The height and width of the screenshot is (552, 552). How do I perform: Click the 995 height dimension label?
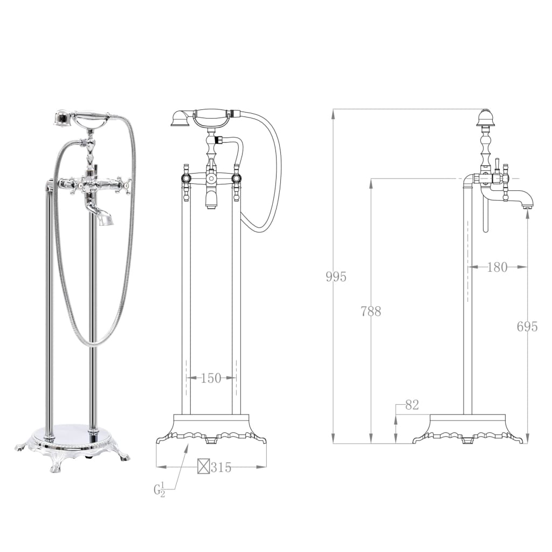click(x=336, y=277)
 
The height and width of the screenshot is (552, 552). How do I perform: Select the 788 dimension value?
click(x=371, y=311)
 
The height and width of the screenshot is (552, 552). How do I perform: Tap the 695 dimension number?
click(x=527, y=326)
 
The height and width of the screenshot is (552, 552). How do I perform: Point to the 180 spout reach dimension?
click(x=496, y=267)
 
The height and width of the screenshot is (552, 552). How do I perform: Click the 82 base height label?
click(x=411, y=405)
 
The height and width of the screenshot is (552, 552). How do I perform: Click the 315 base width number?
click(x=221, y=467)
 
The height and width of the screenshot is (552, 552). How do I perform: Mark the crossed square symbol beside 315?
click(x=203, y=467)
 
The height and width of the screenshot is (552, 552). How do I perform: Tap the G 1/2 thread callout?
click(x=159, y=490)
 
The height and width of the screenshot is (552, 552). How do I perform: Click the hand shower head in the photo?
click(x=64, y=118)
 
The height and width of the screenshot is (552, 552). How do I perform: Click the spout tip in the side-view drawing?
click(x=528, y=204)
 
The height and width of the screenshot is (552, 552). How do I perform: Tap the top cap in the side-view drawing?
click(x=486, y=117)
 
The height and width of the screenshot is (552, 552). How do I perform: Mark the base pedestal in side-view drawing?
click(x=467, y=429)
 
